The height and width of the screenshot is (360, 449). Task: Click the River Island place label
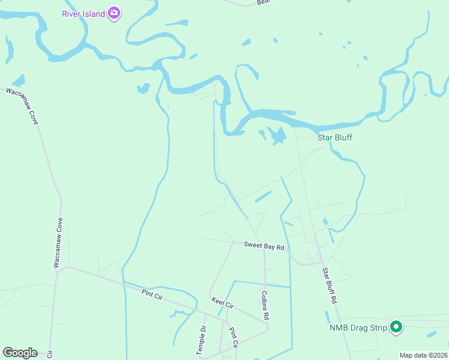coord(83,13)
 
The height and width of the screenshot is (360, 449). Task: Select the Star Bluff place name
coord(334,137)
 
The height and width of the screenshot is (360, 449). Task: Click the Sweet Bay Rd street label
coord(264,245)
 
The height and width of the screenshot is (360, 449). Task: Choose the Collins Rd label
coord(265,305)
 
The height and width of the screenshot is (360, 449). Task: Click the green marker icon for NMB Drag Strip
coord(396,327)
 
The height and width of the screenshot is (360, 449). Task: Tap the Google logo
coord(20,353)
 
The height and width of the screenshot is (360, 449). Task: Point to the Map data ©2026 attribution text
coord(423,355)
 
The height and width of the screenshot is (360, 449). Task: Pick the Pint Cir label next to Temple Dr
coord(234,338)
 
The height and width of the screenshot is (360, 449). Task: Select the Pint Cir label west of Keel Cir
coord(153,293)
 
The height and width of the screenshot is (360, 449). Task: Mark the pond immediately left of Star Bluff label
coord(278,136)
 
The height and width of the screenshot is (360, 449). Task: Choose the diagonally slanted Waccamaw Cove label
coord(23,106)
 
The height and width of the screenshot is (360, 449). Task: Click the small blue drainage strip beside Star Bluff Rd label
coord(327,316)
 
